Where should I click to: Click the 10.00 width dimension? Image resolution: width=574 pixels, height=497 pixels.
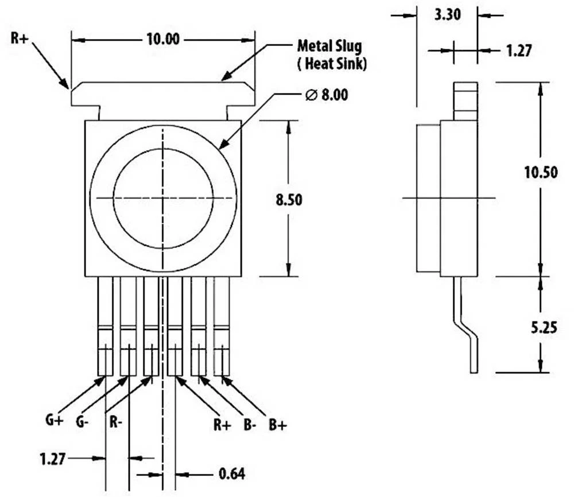pos(163,40)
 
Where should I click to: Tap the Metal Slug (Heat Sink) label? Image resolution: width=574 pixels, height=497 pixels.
pos(331,55)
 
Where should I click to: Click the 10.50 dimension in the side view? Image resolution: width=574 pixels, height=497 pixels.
pos(540,172)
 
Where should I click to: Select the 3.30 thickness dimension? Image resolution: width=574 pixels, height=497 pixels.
pos(447,15)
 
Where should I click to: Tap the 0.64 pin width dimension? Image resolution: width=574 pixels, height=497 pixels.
pos(232,474)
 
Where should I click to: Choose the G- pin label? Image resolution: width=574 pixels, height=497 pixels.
pos(83,421)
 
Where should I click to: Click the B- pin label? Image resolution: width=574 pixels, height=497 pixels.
pos(249,425)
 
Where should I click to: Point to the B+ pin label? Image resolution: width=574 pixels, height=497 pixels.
pos(278,425)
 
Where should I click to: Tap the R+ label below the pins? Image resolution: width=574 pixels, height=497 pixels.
pos(223,425)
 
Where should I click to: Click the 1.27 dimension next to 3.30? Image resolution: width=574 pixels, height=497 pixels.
pos(519,51)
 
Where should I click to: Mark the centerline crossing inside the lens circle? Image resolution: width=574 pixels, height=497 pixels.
pos(164,197)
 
